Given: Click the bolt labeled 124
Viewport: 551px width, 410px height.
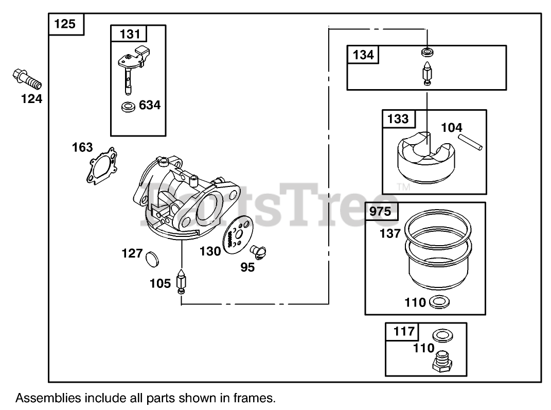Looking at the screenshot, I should click(x=26, y=79).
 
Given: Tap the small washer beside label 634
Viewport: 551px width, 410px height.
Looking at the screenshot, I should click(x=128, y=107).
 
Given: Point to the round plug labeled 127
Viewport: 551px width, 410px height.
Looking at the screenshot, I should click(x=152, y=258).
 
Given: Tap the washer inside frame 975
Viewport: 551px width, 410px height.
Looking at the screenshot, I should click(x=436, y=302).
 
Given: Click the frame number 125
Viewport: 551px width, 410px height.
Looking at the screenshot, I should click(x=65, y=24).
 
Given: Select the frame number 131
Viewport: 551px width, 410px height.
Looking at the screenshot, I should click(x=129, y=34).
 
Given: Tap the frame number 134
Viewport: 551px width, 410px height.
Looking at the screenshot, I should click(x=364, y=55).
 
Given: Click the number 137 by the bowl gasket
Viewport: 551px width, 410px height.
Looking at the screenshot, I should click(x=390, y=233).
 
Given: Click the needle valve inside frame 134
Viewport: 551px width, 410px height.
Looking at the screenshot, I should click(x=427, y=72).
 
